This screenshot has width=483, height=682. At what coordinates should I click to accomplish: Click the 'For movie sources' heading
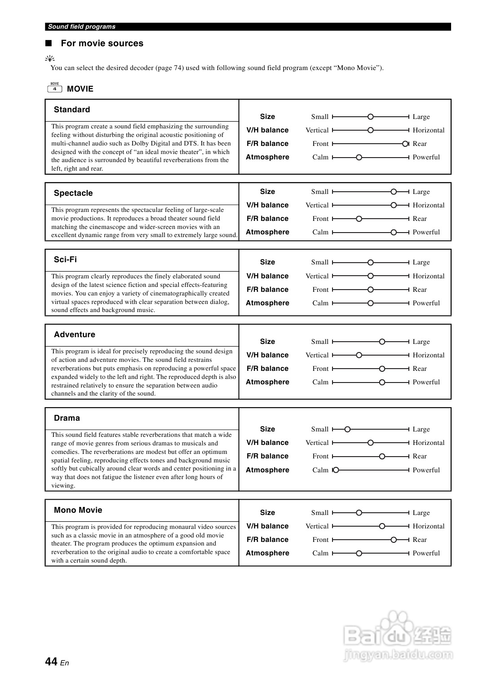pos(102,44)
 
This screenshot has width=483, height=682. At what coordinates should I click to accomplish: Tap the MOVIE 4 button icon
pos(54,88)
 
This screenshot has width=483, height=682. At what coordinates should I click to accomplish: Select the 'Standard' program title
pos(72,110)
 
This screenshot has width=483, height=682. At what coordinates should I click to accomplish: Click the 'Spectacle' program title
pos(73,193)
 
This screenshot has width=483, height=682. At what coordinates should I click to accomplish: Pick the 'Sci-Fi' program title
pos(65,260)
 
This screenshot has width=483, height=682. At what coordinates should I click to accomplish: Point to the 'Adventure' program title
pos(75,334)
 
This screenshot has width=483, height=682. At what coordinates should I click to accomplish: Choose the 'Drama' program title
pos(67,418)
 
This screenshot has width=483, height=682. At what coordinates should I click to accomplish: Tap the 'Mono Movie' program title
pos(78,510)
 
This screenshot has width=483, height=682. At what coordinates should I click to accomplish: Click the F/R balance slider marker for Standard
pos(405,144)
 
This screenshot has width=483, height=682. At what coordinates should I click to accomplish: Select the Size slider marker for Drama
pos(347,429)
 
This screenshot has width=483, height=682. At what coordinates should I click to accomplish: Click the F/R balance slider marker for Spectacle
pos(359,219)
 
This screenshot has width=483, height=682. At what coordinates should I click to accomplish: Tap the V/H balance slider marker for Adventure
pos(359,355)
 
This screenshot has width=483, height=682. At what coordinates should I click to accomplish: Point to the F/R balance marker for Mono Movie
pos(394,540)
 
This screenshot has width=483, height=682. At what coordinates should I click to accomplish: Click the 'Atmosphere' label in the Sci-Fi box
pos(267,303)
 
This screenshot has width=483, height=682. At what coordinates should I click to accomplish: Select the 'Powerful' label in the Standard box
pos(426,157)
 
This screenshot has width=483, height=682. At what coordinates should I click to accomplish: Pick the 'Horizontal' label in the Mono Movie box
pos(428,526)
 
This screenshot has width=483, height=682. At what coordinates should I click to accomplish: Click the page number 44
pos(51,661)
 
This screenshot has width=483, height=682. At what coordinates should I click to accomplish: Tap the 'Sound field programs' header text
pos(82,27)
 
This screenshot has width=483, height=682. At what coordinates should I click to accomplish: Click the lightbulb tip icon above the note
pos(50,58)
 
